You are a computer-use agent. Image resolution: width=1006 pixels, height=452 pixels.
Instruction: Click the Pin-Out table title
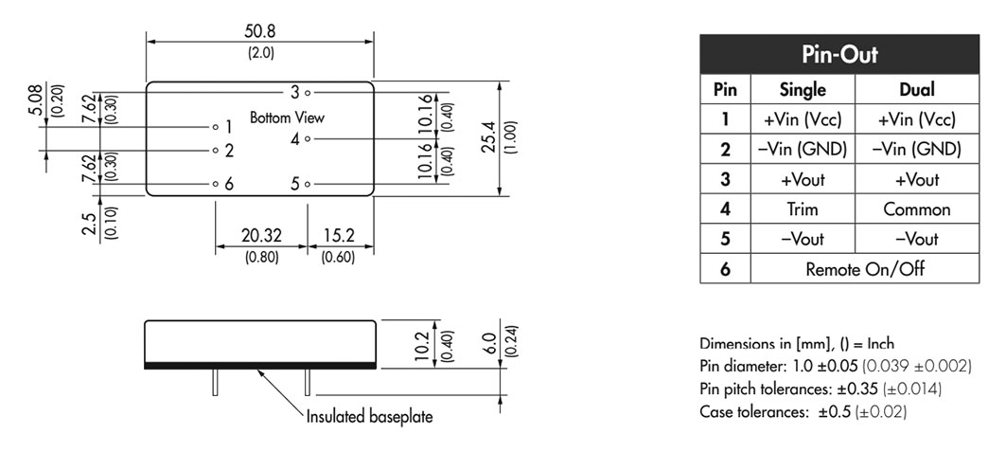[839, 55]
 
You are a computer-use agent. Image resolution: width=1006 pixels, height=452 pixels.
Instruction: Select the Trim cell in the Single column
[803, 209]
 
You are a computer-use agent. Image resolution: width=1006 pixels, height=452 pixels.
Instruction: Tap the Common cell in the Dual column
[917, 209]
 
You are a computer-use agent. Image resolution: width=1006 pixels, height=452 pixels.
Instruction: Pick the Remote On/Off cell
[865, 268]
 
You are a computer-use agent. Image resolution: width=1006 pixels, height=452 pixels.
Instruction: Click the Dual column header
[917, 89]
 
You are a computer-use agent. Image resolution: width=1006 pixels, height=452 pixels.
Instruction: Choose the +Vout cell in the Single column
[803, 180]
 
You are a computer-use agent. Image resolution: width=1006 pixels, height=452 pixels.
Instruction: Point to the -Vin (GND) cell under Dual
[917, 150]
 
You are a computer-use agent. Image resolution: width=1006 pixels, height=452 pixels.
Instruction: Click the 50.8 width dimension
[260, 31]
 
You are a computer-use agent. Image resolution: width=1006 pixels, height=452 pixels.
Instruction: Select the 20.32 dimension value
[261, 236]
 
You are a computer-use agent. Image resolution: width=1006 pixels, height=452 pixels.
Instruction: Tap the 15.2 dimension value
[339, 236]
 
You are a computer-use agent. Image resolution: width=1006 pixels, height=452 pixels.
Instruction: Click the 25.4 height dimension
[490, 137]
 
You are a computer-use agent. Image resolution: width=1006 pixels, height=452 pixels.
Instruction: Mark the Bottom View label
[287, 118]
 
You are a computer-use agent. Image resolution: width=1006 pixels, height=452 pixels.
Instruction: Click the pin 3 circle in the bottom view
[308, 93]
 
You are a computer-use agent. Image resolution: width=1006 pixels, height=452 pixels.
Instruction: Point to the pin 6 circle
[216, 184]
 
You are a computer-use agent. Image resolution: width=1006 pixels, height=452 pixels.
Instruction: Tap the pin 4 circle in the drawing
[308, 138]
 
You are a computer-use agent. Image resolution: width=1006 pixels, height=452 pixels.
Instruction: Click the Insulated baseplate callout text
[369, 417]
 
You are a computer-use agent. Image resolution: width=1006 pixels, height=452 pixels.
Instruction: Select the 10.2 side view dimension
[421, 346]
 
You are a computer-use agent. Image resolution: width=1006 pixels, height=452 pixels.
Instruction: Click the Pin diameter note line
[836, 366]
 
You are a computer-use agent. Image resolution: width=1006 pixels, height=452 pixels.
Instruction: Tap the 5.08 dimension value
[36, 99]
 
